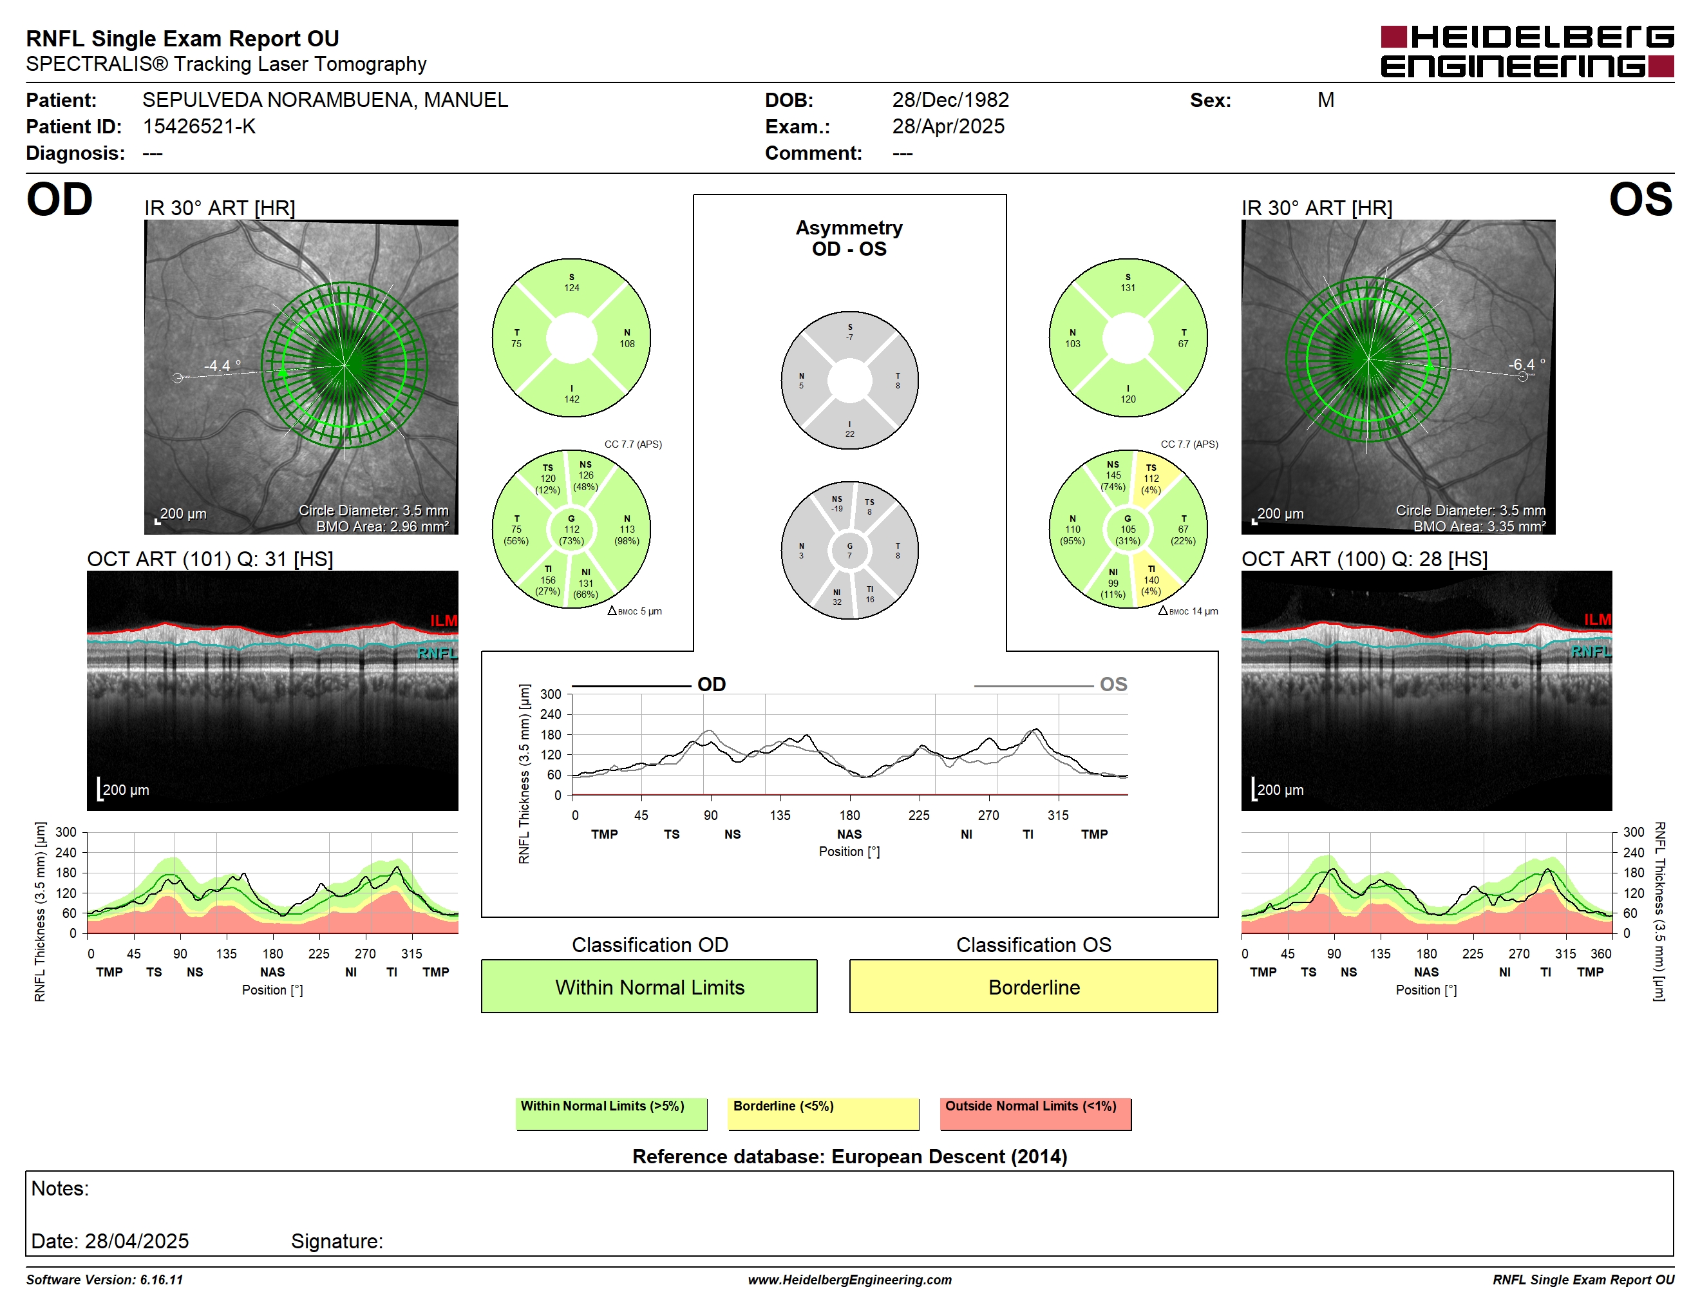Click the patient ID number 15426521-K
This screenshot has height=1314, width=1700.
pos(199,126)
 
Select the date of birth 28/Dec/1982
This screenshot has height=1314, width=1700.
pos(950,100)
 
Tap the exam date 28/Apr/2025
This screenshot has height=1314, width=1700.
pos(948,126)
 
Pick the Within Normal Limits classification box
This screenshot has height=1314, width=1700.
pos(649,986)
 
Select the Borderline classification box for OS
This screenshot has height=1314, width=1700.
pos(1033,986)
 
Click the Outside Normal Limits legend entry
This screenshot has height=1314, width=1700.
pos(1035,1113)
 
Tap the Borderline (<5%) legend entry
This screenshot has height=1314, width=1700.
pos(823,1113)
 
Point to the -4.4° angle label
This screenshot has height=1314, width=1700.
pos(223,365)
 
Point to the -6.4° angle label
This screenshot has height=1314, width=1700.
pos(1526,365)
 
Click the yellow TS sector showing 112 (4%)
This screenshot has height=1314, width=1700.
pos(1151,479)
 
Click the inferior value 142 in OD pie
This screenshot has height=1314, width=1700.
pos(571,399)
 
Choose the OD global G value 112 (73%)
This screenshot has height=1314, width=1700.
pos(571,529)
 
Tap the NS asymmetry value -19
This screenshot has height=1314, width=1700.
pos(836,509)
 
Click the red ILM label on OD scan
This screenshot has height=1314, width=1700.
pos(444,620)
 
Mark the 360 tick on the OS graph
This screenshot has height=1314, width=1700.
pos(1600,953)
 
